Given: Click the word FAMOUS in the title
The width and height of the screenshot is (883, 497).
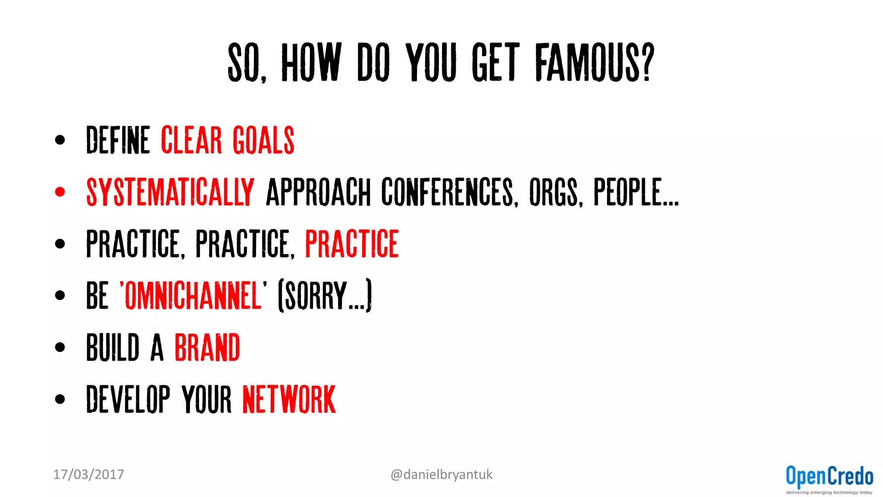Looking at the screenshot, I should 594,63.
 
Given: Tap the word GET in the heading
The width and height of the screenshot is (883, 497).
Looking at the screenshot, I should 496,63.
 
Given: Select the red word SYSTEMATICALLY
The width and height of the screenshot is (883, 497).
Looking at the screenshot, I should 170,192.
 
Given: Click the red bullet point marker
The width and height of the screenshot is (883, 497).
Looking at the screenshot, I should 60,192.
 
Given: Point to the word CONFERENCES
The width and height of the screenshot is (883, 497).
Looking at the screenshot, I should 448,192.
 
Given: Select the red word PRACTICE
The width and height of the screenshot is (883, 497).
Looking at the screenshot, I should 352,244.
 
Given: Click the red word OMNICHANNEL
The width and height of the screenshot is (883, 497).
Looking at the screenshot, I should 193,296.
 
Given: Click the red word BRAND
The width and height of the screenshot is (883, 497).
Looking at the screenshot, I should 207,347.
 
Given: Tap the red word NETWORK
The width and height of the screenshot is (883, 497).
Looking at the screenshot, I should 289,399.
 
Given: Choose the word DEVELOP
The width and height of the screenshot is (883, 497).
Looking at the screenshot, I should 128,399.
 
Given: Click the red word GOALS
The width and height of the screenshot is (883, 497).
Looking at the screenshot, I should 263,140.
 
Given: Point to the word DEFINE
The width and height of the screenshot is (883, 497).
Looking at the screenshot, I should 118,140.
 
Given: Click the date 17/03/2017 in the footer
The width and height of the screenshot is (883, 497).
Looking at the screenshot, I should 88,475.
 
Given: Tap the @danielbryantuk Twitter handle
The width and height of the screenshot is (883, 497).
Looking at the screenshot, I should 441,475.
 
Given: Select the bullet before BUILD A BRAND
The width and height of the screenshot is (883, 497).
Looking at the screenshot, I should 60,347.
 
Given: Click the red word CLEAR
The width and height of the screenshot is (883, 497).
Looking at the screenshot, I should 191,140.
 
